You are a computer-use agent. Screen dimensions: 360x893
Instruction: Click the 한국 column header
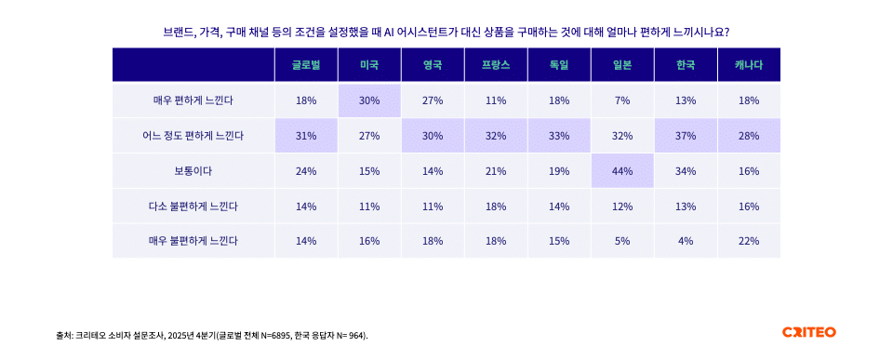coord(685,65)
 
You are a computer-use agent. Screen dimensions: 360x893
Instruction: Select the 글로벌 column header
coord(306,65)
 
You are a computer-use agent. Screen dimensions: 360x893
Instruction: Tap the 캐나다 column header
coord(749,65)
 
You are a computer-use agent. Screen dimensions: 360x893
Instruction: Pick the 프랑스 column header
coord(495,65)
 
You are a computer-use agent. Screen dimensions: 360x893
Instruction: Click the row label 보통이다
coord(193,171)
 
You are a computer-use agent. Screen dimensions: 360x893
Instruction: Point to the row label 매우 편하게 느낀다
coord(193,100)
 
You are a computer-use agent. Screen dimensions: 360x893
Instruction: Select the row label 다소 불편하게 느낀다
coord(193,206)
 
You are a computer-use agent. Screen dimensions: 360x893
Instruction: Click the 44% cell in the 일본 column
coord(622,171)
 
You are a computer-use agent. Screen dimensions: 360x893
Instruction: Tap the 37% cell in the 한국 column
coord(685,136)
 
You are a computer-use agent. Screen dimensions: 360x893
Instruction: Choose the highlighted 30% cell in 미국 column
coord(369,100)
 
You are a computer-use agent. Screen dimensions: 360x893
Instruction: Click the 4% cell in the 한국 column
coord(685,241)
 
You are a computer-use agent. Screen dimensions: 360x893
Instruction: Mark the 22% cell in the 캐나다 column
coord(749,241)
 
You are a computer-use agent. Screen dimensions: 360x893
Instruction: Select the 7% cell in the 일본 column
coord(622,100)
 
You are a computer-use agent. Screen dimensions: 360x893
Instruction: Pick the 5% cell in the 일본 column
coord(622,241)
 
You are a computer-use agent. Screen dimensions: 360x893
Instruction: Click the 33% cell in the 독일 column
coord(559,136)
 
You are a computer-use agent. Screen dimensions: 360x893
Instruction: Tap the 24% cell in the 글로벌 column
coord(306,171)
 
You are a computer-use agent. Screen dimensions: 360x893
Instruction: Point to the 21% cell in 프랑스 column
coord(495,171)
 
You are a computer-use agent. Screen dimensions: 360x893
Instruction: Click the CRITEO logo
coord(808,332)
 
